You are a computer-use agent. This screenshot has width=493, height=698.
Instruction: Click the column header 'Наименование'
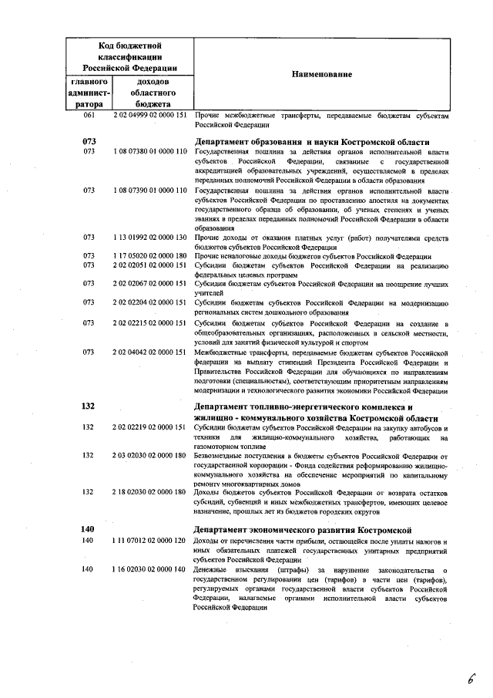click(x=321, y=74)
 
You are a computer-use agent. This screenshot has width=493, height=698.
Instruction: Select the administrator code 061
click(x=88, y=115)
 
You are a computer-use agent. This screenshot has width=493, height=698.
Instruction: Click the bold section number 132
click(x=88, y=406)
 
